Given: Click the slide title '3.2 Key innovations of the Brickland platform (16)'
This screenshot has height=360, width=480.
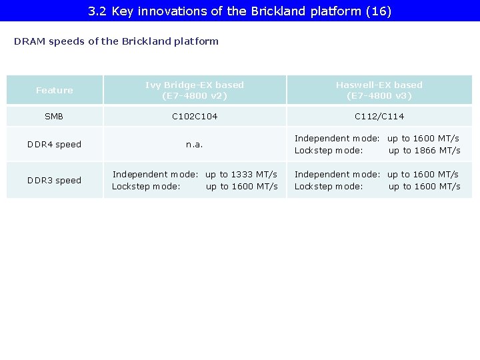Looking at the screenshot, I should pyautogui.click(x=239, y=11).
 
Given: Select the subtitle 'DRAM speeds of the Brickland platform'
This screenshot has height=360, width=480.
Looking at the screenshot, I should pyautogui.click(x=116, y=41).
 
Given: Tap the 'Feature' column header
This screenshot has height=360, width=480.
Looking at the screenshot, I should pyautogui.click(x=55, y=90).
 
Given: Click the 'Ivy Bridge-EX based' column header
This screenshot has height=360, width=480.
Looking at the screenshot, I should pyautogui.click(x=195, y=85).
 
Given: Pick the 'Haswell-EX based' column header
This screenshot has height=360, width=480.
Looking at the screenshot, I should pyautogui.click(x=379, y=85).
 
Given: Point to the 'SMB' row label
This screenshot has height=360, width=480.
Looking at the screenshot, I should pyautogui.click(x=54, y=117).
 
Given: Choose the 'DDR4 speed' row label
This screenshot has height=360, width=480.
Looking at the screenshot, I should pyautogui.click(x=54, y=145).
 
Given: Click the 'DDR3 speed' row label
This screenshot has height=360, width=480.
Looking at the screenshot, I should pyautogui.click(x=54, y=181).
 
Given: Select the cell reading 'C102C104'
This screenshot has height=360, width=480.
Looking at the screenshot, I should pyautogui.click(x=195, y=117).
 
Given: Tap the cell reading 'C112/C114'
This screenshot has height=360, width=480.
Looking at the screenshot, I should pyautogui.click(x=379, y=117).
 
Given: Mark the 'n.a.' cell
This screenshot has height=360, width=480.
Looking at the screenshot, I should pyautogui.click(x=195, y=145).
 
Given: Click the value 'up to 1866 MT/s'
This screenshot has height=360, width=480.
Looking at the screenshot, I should pyautogui.click(x=425, y=151).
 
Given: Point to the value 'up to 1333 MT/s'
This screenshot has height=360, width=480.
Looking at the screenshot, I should pyautogui.click(x=241, y=175).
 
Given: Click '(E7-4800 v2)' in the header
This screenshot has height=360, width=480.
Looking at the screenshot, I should pyautogui.click(x=195, y=96).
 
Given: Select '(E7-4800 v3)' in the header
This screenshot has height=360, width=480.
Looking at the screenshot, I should pyautogui.click(x=379, y=96).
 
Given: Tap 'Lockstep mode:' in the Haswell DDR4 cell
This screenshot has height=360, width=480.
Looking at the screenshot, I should pyautogui.click(x=329, y=151).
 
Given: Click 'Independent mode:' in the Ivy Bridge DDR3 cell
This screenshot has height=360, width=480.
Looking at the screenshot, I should pyautogui.click(x=155, y=175).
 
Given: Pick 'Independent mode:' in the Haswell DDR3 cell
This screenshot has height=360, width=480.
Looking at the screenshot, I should pyautogui.click(x=337, y=175).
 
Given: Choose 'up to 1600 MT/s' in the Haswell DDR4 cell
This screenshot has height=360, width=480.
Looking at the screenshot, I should pyautogui.click(x=423, y=139).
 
